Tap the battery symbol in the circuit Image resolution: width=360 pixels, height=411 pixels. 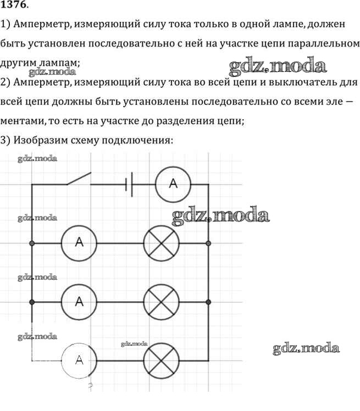point(130,184)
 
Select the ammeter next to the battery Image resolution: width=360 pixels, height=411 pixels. point(173,184)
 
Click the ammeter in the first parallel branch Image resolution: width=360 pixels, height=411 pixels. point(79,242)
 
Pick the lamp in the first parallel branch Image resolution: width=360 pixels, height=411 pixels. point(161,242)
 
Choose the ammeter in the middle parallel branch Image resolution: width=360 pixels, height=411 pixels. point(79,302)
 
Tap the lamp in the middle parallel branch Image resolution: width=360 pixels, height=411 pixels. point(161,302)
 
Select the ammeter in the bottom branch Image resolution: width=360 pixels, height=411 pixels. point(79,360)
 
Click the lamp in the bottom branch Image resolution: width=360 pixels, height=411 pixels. point(161,360)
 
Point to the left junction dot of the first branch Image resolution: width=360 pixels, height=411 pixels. point(32,242)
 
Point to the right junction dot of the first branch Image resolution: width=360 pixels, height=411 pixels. point(208,242)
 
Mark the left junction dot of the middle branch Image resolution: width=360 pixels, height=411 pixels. point(32,302)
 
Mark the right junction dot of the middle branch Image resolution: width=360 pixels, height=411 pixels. point(208,302)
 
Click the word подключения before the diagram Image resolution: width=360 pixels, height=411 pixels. point(141,141)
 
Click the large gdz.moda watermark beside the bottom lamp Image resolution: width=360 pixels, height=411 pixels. point(306,348)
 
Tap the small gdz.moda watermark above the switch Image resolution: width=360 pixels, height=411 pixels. point(37,159)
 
